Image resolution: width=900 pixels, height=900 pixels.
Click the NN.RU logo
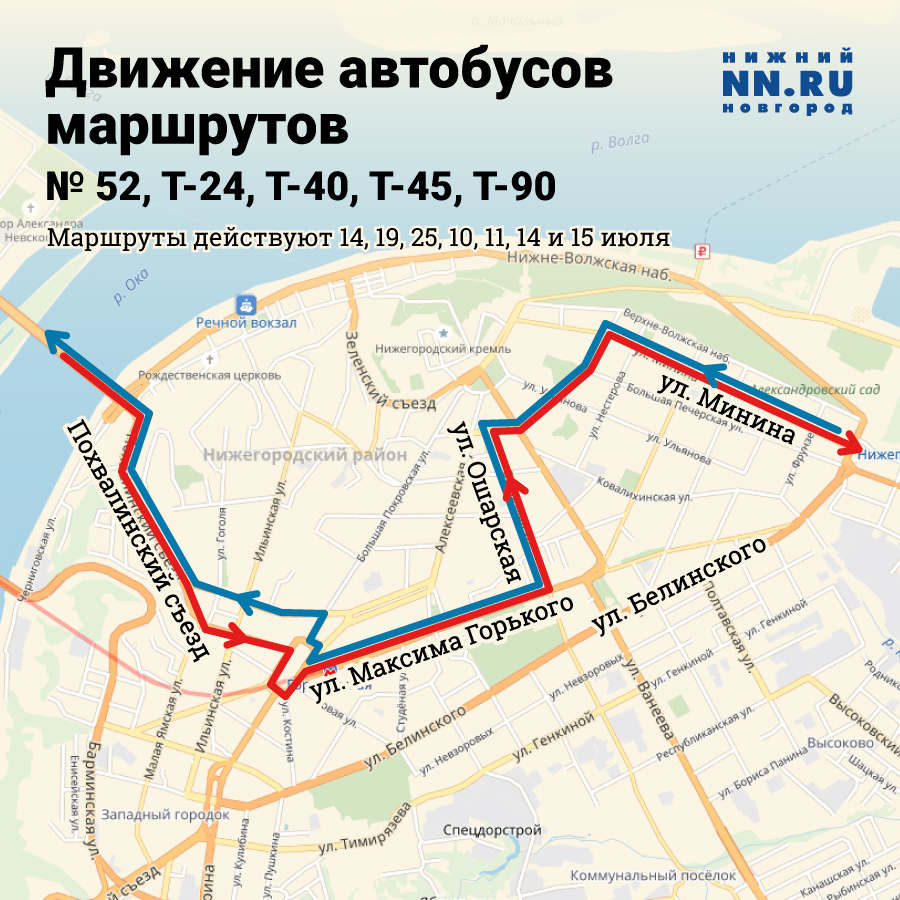pyautogui.click(x=787, y=80)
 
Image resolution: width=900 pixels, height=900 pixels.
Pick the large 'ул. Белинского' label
pyautogui.click(x=682, y=584)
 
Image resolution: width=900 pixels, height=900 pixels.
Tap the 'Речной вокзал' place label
pyautogui.click(x=246, y=323)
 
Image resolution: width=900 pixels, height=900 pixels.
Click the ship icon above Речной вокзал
pyautogui.click(x=246, y=304)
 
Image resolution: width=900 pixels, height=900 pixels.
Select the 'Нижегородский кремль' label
pyautogui.click(x=442, y=349)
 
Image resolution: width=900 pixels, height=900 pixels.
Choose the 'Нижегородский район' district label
pyautogui.click(x=304, y=455)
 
